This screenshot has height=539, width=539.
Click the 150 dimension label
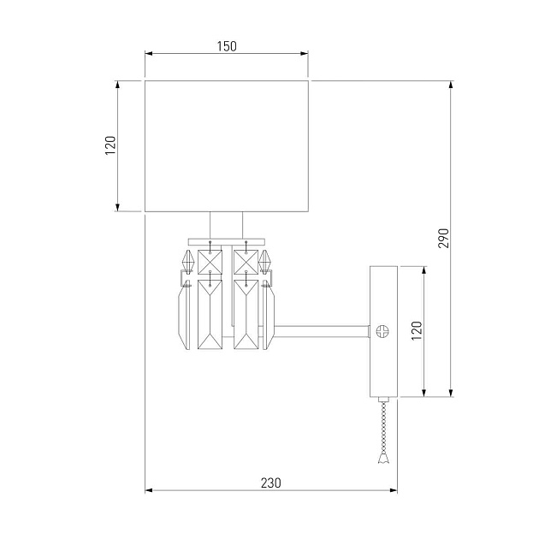tap(226, 46)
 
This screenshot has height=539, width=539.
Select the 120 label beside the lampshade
tap(110, 145)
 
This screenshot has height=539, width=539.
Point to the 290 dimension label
tap(442, 239)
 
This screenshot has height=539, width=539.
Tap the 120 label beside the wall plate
tap(416, 331)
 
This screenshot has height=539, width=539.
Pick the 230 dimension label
tap(270, 483)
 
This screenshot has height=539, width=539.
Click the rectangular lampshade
tap(226, 145)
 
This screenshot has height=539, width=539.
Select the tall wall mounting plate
tap(382, 331)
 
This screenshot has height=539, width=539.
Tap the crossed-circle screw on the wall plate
tap(382, 330)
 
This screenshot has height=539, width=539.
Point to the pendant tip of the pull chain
tap(382, 460)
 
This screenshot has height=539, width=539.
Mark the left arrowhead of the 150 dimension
tap(148, 55)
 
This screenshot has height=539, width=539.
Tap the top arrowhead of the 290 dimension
tap(451, 85)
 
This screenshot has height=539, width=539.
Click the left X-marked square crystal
tap(210, 261)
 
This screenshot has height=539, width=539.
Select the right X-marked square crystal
tap(246, 261)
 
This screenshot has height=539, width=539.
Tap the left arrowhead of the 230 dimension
tap(148, 491)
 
